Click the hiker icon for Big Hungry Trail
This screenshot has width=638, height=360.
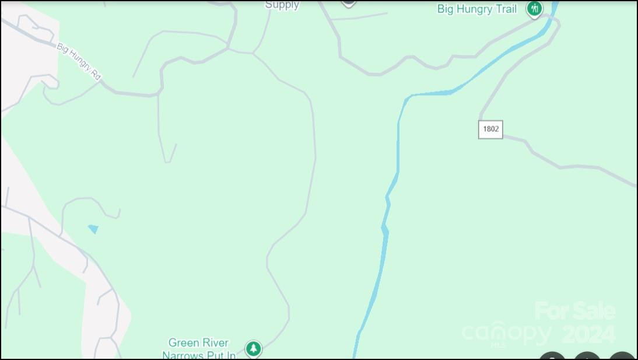point(534,9)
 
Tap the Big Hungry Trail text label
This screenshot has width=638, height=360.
point(476,9)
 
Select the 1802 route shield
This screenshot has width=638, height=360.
point(490,129)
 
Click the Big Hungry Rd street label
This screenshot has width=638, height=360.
point(79,61)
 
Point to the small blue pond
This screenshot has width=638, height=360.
point(93,229)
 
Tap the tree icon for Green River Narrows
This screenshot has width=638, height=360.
point(253,349)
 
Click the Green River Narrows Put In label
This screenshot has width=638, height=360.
point(199,349)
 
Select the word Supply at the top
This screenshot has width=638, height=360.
point(282,5)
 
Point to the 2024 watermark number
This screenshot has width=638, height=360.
point(588,334)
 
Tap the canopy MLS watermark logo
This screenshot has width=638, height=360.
point(506,334)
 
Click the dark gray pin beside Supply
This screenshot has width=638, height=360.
point(348,2)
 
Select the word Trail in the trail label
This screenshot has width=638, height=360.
point(505,9)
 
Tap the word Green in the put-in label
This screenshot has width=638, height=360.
point(181,342)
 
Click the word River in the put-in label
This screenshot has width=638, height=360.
point(214,342)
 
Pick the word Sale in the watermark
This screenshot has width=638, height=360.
point(594,311)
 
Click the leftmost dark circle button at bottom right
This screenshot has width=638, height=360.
point(552,356)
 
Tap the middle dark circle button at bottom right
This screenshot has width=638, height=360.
point(587,356)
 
